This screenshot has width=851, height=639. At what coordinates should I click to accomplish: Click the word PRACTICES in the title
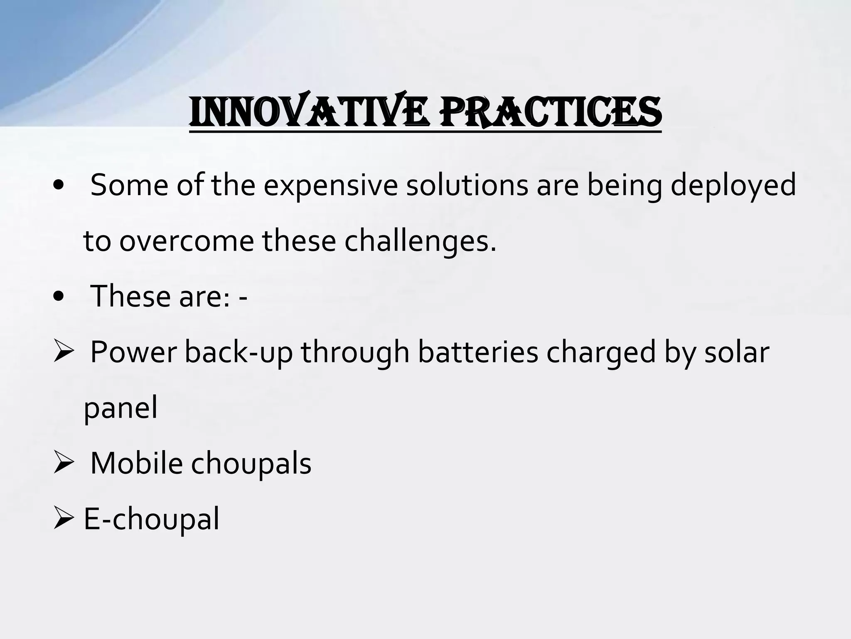click(x=551, y=112)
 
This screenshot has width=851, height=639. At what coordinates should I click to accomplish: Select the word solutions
click(x=467, y=185)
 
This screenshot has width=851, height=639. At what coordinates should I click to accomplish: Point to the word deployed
click(x=733, y=185)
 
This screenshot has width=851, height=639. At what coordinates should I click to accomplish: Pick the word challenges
click(x=420, y=241)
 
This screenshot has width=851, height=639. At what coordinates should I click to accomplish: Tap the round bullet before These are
click(x=59, y=296)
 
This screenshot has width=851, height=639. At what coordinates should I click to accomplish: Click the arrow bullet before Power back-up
click(x=63, y=352)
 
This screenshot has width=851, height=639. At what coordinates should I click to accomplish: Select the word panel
click(x=121, y=408)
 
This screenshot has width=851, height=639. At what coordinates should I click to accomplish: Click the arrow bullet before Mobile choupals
click(x=63, y=463)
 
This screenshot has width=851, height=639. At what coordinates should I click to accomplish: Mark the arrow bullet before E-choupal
click(x=63, y=519)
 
